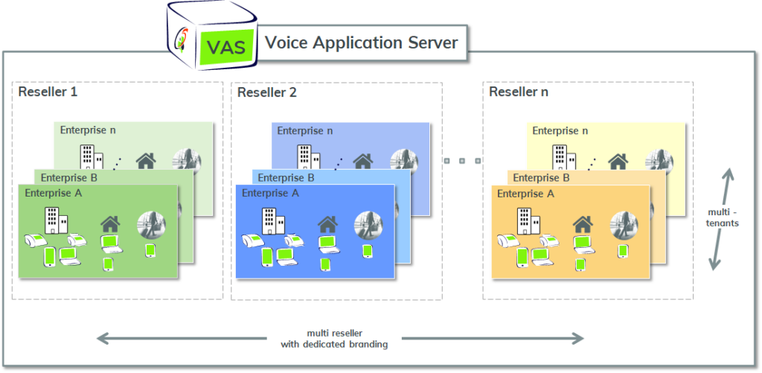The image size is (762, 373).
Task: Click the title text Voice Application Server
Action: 361,42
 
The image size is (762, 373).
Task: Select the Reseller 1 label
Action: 48,92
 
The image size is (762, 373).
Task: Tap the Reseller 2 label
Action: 267,92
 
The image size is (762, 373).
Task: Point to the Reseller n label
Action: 519,92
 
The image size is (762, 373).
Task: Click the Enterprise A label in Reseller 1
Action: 54,193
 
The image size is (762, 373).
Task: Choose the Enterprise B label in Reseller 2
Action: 286,177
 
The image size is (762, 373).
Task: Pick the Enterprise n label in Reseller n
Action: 560,131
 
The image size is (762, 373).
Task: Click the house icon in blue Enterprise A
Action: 327,224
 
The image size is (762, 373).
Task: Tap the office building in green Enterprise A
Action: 56,221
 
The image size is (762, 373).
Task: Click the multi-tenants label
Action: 723,218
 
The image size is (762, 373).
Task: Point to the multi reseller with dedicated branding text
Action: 334,339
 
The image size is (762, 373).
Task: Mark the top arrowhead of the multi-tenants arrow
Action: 728,173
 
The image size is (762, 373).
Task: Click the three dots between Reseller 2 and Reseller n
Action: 461,161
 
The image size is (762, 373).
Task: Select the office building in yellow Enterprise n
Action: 564,156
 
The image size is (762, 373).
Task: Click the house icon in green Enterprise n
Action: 146,161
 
